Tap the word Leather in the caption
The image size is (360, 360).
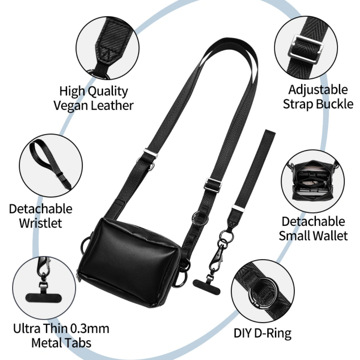[x=112, y=105]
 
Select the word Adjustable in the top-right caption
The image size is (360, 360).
[x=318, y=90]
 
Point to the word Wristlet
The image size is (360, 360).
[x=41, y=223]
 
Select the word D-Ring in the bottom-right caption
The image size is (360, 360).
[x=273, y=333]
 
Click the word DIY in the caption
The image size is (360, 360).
[x=243, y=333]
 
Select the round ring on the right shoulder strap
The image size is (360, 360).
[x=200, y=217]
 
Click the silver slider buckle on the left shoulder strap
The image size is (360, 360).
[x=150, y=153]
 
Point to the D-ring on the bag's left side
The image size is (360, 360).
[x=85, y=245]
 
